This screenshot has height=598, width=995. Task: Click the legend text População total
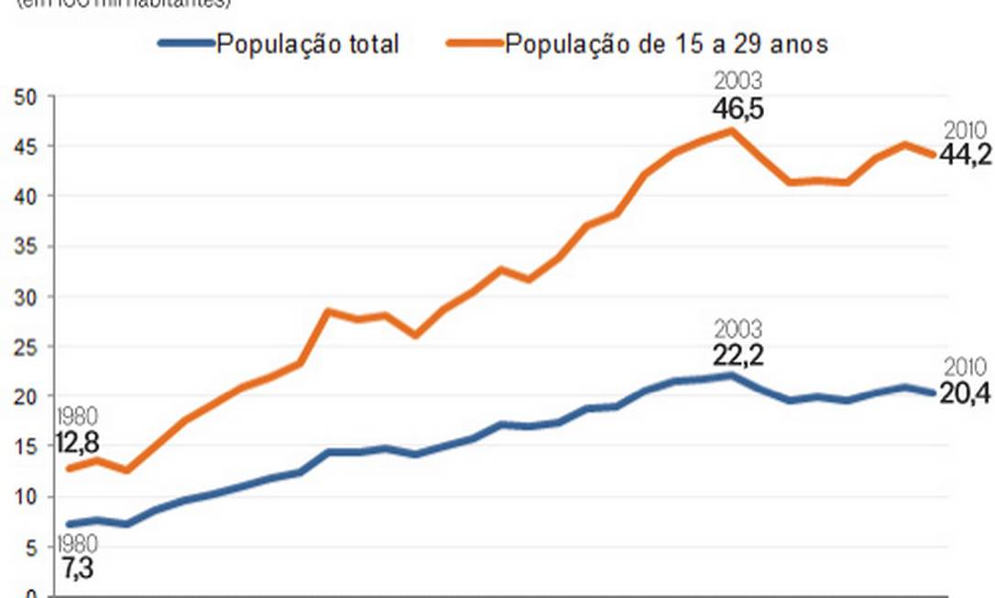pos(307,43)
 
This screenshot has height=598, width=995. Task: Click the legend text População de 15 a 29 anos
pos(666,43)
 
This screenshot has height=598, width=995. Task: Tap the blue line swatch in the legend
pos(187,43)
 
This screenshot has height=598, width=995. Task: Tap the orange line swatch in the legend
pos(474,43)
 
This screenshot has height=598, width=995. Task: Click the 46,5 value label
pos(738,110)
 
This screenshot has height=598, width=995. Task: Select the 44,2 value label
pos(965,155)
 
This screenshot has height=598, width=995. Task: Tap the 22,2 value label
pos(738,355)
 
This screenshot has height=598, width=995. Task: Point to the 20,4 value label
pos(965,396)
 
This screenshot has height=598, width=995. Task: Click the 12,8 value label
pos(77,444)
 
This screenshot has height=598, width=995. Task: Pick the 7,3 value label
pos(77,569)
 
